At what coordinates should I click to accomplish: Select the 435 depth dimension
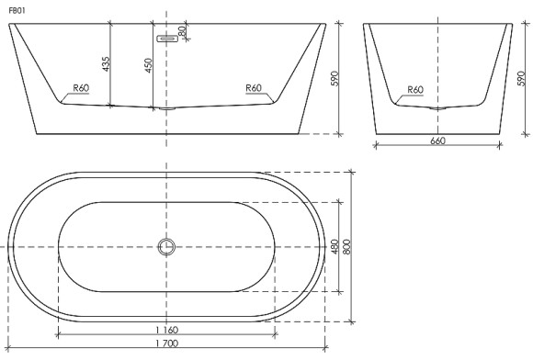106,63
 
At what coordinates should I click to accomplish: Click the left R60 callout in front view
81,88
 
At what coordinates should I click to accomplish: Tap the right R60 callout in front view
254,88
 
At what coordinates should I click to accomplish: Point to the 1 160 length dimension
165,329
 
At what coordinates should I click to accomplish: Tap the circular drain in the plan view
166,246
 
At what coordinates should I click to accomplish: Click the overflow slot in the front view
166,39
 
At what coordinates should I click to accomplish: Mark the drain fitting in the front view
166,108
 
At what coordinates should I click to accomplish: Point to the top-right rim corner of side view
512,24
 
